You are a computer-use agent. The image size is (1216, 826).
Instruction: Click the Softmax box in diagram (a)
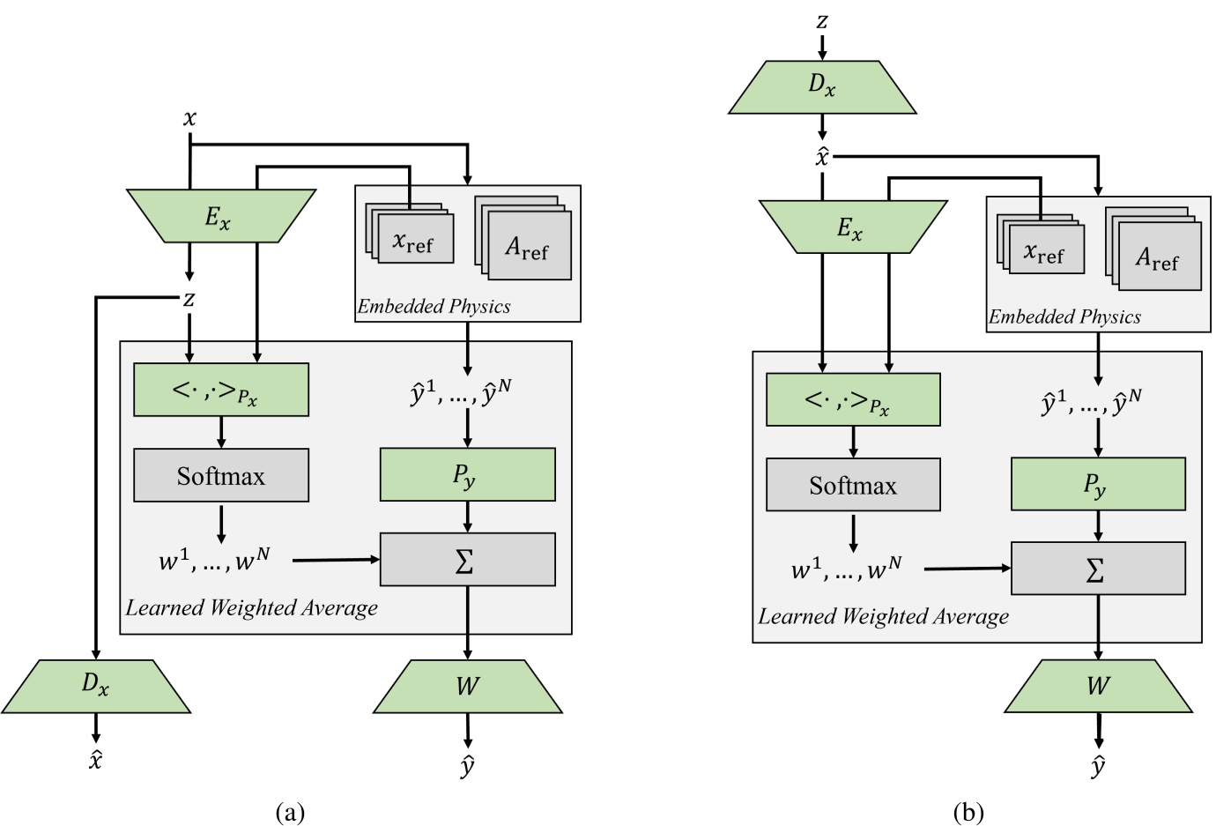tap(220, 475)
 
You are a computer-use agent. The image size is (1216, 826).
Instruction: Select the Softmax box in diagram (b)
tap(853, 485)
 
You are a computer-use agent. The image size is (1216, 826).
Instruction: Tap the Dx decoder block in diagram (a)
tap(95, 686)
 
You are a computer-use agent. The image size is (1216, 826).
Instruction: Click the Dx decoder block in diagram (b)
tap(822, 86)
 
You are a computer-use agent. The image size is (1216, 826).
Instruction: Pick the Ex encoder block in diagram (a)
tap(220, 216)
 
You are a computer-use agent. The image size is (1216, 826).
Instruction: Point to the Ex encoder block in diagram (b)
tap(852, 227)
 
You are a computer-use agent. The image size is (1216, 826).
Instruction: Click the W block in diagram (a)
tap(467, 686)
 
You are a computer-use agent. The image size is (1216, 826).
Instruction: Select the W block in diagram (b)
tap(1098, 686)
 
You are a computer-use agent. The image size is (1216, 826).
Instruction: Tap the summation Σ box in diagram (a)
tap(467, 559)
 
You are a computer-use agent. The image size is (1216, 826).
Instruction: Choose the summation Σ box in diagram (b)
tap(1098, 569)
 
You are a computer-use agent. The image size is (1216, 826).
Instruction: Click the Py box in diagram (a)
tap(467, 474)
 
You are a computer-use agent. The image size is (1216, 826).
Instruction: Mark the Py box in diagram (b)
tap(1098, 484)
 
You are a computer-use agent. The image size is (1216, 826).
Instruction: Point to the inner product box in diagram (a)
tap(220, 390)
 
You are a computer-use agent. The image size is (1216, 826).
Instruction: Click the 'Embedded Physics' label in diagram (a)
tap(434, 307)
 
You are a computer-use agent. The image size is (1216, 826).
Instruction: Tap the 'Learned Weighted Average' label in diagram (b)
tap(883, 616)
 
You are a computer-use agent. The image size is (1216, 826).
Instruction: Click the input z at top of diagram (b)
tap(822, 20)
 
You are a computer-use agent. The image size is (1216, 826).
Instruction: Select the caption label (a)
tap(290, 812)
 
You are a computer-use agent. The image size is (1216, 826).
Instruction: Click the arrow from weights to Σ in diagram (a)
tap(335, 560)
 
